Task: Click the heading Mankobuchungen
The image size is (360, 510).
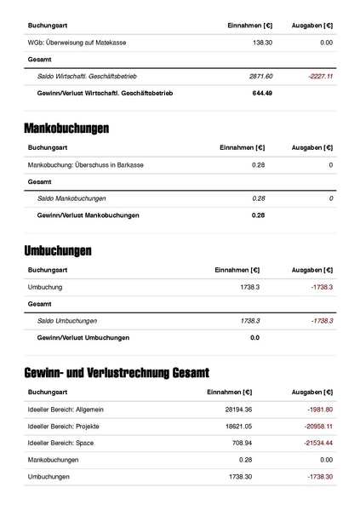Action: (66, 129)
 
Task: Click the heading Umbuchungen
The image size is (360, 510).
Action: (58, 251)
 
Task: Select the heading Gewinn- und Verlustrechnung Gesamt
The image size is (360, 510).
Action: (117, 373)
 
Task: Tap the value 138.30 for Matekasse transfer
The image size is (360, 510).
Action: (262, 42)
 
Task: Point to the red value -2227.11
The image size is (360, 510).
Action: (320, 76)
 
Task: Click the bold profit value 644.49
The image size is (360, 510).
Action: (262, 93)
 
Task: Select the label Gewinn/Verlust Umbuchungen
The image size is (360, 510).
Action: (83, 338)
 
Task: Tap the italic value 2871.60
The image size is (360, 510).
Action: (260, 76)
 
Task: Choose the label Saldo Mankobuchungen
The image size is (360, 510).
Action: (71, 198)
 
